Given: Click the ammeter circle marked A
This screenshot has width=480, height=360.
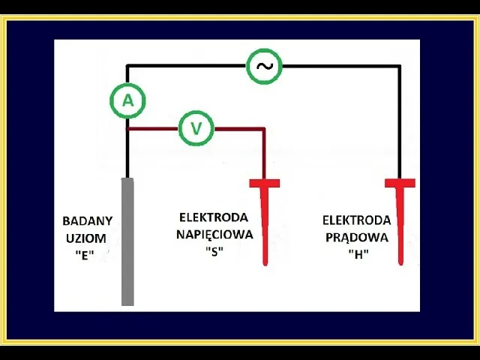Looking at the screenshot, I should tap(127, 101).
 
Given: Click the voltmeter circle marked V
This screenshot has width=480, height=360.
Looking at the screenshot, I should tap(196, 129).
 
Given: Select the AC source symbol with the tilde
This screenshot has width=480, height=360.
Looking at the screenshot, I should tap(264, 67).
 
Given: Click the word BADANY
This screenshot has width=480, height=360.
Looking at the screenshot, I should tap(87, 221).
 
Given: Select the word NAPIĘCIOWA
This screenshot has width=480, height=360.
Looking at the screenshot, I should tap(214, 234).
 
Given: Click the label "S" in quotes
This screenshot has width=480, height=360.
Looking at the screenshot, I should tap(214, 251).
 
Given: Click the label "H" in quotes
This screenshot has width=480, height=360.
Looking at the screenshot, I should tap(357, 253).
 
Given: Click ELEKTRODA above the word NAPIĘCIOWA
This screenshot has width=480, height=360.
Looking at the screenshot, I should tap(214, 217).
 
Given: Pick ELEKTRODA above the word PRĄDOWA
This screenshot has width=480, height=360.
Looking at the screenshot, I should tap(356, 220).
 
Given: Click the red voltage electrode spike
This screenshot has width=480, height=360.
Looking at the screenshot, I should tap(265, 225).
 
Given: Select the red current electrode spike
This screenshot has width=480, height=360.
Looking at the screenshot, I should tap(400, 225).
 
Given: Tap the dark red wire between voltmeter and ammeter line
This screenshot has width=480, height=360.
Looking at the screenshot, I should tap(153, 129).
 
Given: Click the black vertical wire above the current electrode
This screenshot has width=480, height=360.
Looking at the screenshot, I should tap(400, 120).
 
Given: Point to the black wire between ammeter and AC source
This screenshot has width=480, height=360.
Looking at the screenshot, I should tap(187, 66).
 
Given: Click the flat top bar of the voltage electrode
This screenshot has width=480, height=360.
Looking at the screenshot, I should tap(265, 183).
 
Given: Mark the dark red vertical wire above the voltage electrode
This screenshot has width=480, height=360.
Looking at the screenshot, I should tap(265, 154).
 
